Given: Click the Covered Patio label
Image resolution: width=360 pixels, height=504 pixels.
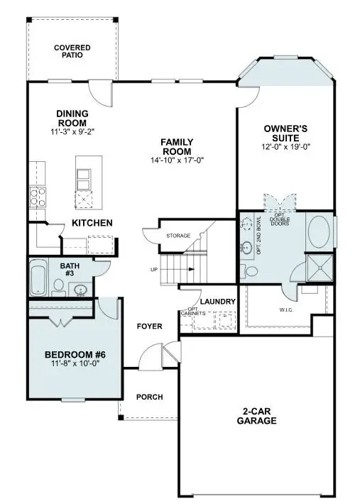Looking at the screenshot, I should (72, 51).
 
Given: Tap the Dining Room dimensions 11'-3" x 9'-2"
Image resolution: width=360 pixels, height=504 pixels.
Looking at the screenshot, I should (72, 132).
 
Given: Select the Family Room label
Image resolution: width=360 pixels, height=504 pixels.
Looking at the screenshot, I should (177, 146).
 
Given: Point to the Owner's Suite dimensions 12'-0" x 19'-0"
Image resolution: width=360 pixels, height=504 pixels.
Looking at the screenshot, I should (285, 147).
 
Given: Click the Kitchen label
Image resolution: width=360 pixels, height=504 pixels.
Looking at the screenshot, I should (92, 223).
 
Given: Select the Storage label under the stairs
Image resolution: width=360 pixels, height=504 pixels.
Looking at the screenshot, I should (178, 235).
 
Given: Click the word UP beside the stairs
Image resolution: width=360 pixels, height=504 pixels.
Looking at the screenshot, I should (154, 270).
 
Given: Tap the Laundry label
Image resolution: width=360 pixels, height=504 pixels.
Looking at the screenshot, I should (217, 302).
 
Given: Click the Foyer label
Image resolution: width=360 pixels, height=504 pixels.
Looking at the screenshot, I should (149, 326).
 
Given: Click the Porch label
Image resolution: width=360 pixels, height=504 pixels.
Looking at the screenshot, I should (149, 397).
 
